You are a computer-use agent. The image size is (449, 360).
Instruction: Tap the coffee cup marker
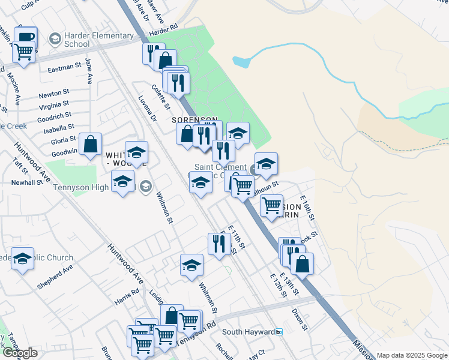click(x=26, y=38)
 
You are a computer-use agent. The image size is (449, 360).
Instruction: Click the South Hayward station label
click(x=249, y=332)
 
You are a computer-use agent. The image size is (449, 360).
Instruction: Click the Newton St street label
click(x=54, y=95)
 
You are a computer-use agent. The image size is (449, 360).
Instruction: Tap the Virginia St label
click(x=53, y=106)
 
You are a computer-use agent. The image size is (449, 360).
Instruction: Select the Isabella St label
click(x=59, y=127)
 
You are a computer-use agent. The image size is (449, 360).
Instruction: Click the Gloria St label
click(x=63, y=140)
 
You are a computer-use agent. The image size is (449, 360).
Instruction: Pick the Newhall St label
click(x=25, y=182)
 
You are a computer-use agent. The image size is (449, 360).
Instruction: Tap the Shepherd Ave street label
click(x=55, y=277)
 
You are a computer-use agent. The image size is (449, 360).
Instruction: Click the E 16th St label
click(x=307, y=208)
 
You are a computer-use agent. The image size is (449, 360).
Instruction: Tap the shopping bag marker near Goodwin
click(x=90, y=144)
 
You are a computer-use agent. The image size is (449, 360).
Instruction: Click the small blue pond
click(x=241, y=61)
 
